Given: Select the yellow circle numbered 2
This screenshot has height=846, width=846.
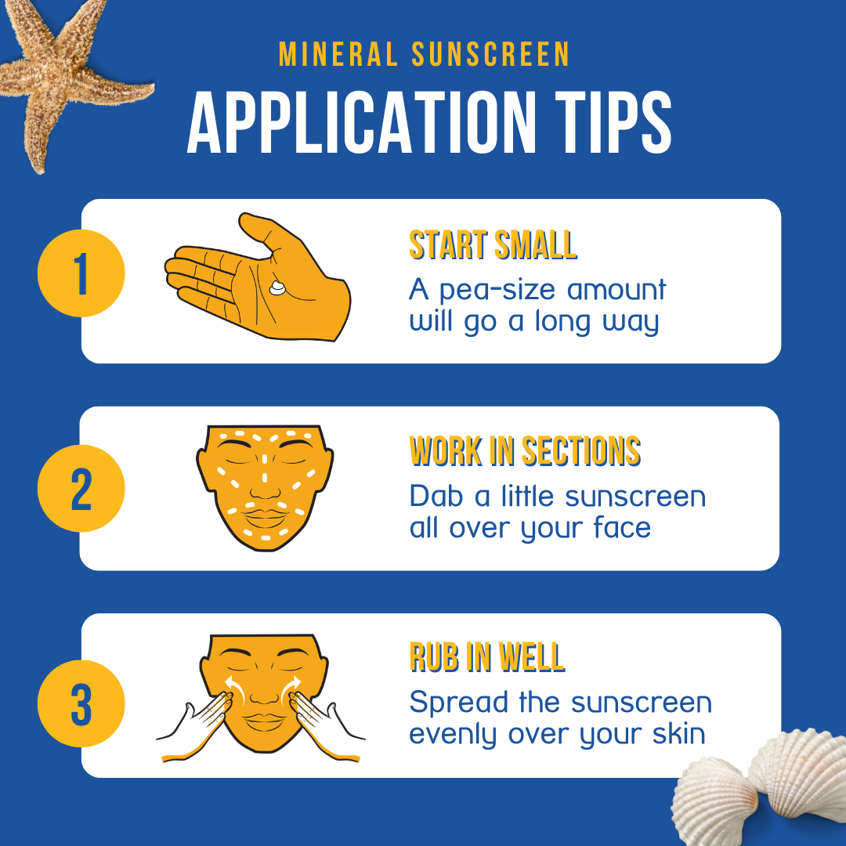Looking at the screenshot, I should (x=81, y=489).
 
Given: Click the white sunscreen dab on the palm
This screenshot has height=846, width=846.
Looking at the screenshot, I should (x=277, y=288).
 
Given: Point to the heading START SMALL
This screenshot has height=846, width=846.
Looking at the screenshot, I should (x=493, y=245).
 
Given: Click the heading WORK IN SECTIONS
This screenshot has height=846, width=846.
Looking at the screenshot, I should (x=525, y=452).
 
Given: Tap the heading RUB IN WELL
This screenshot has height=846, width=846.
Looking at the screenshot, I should (x=486, y=658).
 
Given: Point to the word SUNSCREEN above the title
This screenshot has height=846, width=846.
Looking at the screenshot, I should (x=490, y=54).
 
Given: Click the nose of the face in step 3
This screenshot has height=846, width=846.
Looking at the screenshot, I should (x=264, y=693).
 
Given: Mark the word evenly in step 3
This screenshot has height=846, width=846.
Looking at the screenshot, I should (x=454, y=735).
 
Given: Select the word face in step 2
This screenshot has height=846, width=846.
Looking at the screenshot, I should (x=622, y=528).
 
